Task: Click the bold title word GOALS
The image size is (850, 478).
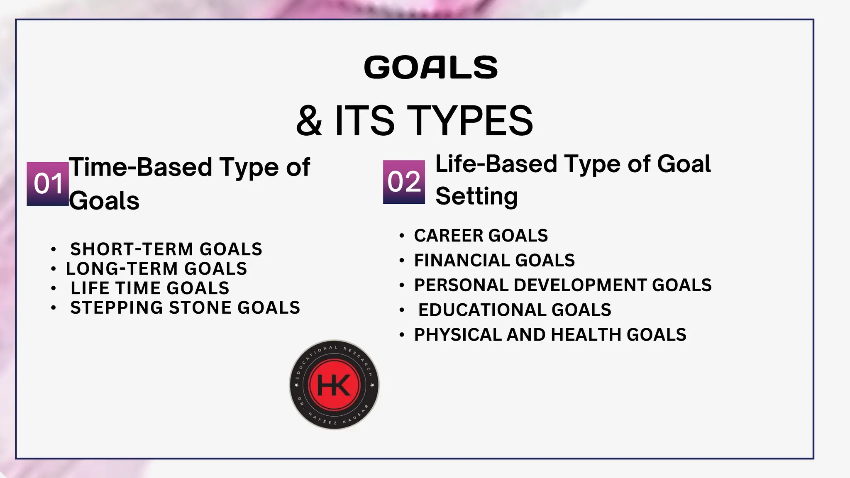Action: pyautogui.click(x=431, y=68)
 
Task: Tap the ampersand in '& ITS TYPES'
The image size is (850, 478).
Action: pyautogui.click(x=309, y=121)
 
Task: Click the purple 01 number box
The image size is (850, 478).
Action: pyautogui.click(x=48, y=184)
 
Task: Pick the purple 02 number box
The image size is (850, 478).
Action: pyautogui.click(x=404, y=182)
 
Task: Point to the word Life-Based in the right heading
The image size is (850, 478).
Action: pyautogui.click(x=496, y=164)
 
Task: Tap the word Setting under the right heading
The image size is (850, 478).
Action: pyautogui.click(x=476, y=196)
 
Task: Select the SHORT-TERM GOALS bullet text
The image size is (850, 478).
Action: pyautogui.click(x=166, y=249)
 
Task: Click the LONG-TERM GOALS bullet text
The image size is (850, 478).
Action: pyautogui.click(x=156, y=269)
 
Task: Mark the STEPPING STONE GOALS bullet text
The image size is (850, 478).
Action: pyautogui.click(x=185, y=308)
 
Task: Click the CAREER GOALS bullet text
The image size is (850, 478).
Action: pyautogui.click(x=481, y=236)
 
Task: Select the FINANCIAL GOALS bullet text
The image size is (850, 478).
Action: pyautogui.click(x=494, y=261)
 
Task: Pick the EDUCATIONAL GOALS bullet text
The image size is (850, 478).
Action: pyautogui.click(x=515, y=310)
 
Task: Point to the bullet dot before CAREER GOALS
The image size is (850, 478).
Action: pyautogui.click(x=401, y=236)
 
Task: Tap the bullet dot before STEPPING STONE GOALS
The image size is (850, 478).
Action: pyautogui.click(x=53, y=308)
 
